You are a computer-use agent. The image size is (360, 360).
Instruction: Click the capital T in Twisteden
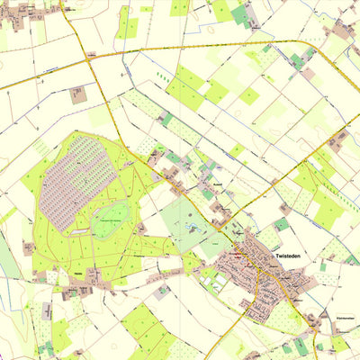271,257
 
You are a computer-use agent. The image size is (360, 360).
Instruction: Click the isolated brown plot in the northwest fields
77,94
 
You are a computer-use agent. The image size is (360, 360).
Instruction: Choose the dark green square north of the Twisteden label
282,224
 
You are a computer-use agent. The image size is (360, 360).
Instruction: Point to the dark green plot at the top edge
239,13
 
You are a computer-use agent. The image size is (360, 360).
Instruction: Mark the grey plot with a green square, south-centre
161,291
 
